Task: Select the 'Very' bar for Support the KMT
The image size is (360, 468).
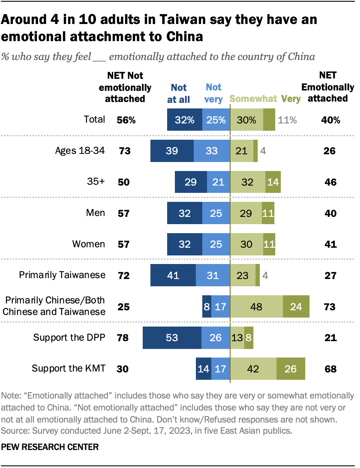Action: pos(291,369)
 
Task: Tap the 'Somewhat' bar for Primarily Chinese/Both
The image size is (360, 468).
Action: pos(256,306)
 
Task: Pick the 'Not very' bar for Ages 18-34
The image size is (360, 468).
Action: pos(212,151)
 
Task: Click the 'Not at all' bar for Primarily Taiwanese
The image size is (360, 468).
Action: pos(173,275)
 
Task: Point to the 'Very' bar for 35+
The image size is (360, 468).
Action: pos(273,182)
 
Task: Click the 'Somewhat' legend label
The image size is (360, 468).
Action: pos(253,99)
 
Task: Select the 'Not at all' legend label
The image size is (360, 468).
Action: pos(179,93)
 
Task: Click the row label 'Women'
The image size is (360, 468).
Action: pos(88,244)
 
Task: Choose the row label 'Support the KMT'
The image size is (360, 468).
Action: pos(69,368)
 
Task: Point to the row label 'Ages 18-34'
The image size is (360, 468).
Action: pos(80,150)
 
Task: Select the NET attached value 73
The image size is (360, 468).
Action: pos(330,306)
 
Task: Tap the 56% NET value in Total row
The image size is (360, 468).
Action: pos(126,120)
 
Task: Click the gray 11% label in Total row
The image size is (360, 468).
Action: pos(287,120)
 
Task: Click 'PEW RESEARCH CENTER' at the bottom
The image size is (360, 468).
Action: pos(50,447)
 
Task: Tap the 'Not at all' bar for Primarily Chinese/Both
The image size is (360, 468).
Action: pos(207,306)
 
